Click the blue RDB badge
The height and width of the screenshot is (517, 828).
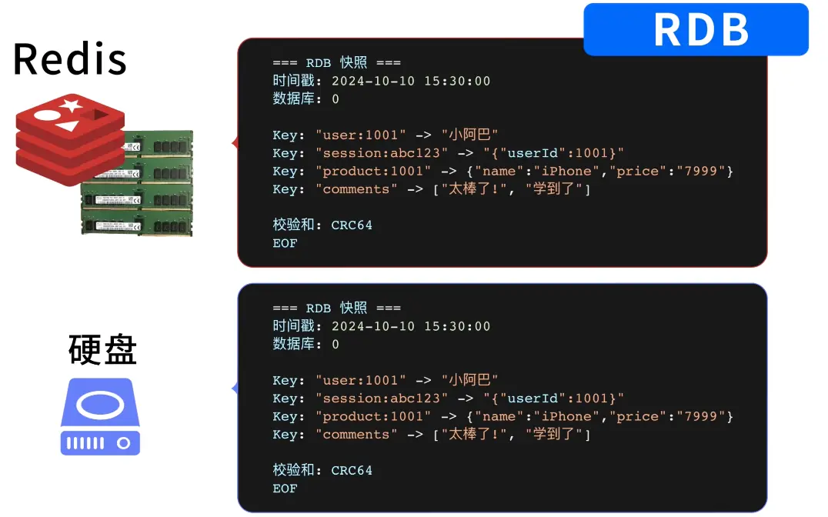pos(696,29)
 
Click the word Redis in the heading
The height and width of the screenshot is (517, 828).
pos(70,59)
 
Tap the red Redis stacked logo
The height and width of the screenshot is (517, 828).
pos(70,139)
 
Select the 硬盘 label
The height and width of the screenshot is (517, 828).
pos(102,349)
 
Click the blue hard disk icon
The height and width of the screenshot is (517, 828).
pos(100,417)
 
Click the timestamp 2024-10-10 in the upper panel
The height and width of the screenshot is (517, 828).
pos(373,81)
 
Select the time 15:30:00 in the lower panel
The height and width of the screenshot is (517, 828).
pos(457,326)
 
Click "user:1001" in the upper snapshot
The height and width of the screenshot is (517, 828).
pos(361,135)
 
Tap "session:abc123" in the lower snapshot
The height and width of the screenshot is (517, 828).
pos(381,399)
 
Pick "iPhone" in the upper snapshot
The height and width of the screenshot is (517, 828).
pos(566,171)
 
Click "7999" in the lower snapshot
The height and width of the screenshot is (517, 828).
pos(701,416)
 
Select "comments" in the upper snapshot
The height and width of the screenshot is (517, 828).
pos(356,189)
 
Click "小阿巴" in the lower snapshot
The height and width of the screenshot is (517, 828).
pos(469,380)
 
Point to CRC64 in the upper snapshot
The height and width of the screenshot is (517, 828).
pos(352,225)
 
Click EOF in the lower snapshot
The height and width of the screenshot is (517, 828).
pos(285,489)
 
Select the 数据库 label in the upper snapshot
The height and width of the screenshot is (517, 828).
pos(294,98)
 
